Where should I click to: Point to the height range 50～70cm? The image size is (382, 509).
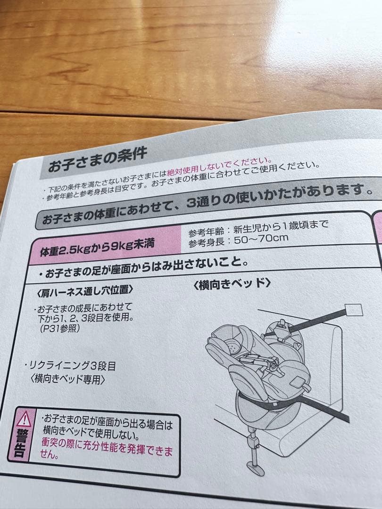[x=257, y=238]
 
